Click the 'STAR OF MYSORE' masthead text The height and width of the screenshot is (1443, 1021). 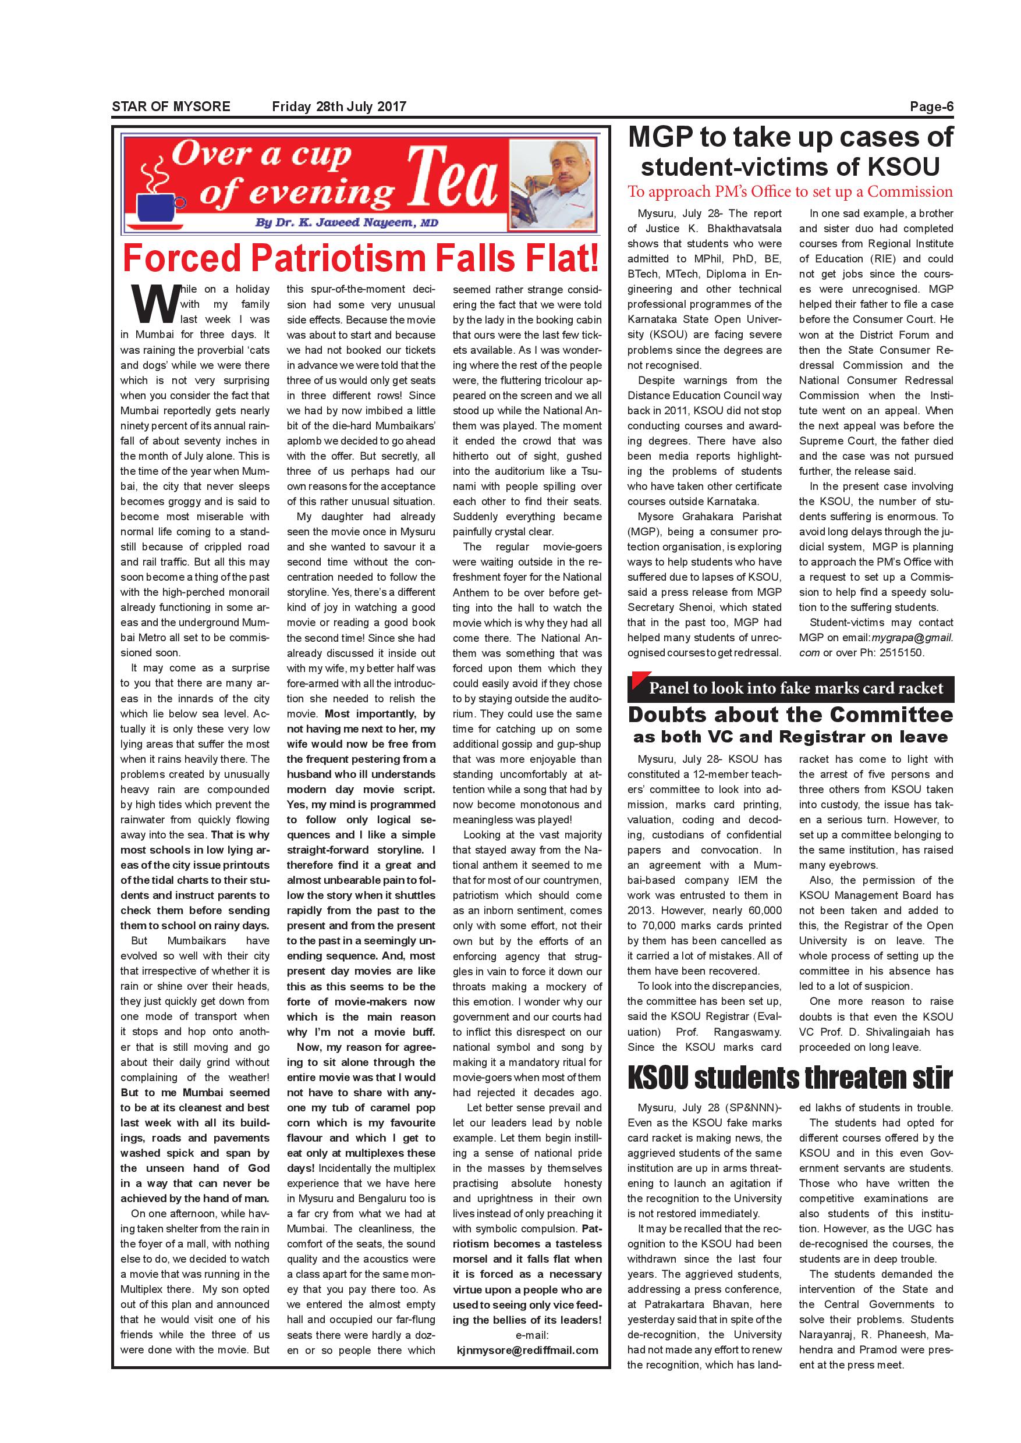[x=171, y=107]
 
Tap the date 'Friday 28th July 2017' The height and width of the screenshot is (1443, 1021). [x=339, y=107]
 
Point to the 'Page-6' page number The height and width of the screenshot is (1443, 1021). [x=931, y=107]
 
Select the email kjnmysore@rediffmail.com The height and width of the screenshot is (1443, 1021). [x=527, y=1350]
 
